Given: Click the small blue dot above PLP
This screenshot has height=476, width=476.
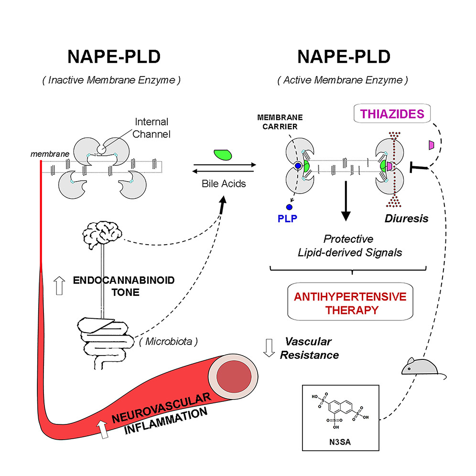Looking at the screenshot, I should click(289, 207).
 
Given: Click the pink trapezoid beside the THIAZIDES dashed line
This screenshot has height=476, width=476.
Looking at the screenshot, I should click(431, 144).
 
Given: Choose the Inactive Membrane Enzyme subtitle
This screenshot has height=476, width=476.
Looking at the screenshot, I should click(111, 80).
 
